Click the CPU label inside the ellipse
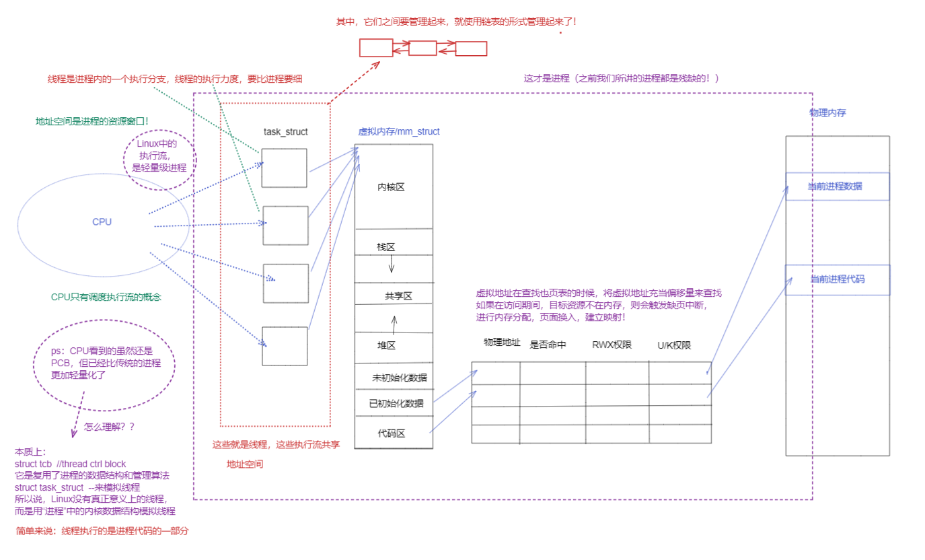102,221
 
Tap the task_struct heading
286,133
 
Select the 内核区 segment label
391,187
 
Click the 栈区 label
385,247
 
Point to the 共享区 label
398,296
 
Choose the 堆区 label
385,345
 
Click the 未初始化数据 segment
399,378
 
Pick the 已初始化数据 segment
396,404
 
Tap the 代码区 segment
391,433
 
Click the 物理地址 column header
502,343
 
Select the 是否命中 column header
548,345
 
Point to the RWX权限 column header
612,345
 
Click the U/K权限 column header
674,345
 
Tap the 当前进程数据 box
837,186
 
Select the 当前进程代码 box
837,279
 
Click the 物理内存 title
827,113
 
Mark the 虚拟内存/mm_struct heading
398,132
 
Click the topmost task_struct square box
284,168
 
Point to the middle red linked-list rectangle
422,48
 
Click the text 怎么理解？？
110,427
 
